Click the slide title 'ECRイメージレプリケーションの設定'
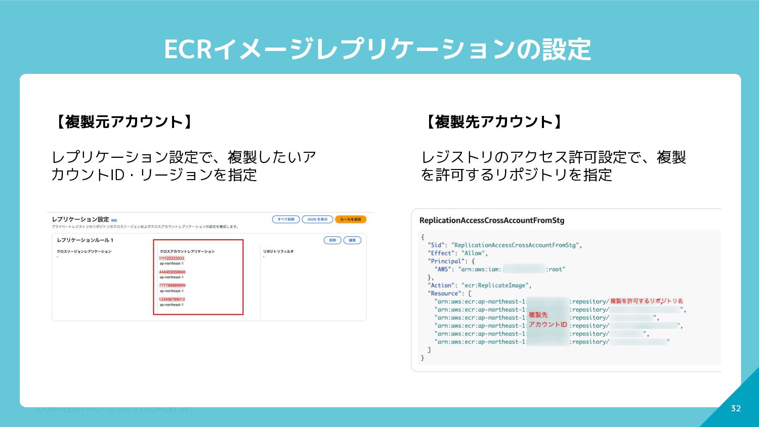pyautogui.click(x=377, y=50)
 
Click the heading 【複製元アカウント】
pyautogui.click(x=123, y=122)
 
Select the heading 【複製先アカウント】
pyautogui.click(x=493, y=122)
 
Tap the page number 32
pyautogui.click(x=736, y=408)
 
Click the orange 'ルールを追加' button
pyautogui.click(x=351, y=220)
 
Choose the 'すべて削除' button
pyautogui.click(x=286, y=220)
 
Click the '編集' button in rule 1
pyautogui.click(x=352, y=240)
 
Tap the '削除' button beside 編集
pyautogui.click(x=332, y=240)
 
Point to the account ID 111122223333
pyautogui.click(x=172, y=259)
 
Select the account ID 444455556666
pyautogui.click(x=172, y=272)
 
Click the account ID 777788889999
pyautogui.click(x=172, y=285)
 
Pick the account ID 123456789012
pyautogui.click(x=172, y=300)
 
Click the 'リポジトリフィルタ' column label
pyautogui.click(x=278, y=251)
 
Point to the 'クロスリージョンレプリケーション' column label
pyautogui.click(x=84, y=251)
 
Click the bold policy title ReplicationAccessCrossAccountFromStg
pyautogui.click(x=492, y=221)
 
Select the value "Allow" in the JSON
pyautogui.click(x=473, y=253)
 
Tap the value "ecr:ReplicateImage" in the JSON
pyautogui.click(x=495, y=286)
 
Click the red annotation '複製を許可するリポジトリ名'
pyautogui.click(x=646, y=301)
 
